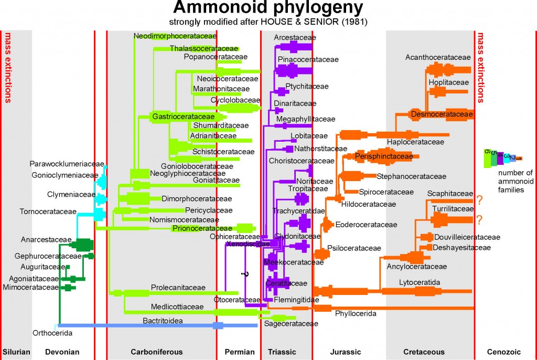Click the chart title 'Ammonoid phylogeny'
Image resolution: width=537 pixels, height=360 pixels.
(x=268, y=8)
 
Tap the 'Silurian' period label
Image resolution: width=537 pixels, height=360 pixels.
(x=16, y=352)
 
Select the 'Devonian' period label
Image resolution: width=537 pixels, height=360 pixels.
(x=62, y=352)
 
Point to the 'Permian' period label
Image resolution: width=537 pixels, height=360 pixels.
(x=239, y=352)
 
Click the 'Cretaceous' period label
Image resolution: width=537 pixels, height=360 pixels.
(x=424, y=352)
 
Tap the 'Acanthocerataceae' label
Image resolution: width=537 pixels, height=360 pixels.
(x=438, y=57)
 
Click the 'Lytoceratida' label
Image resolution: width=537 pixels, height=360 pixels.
(x=419, y=282)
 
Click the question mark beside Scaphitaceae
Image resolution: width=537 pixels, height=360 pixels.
(x=479, y=199)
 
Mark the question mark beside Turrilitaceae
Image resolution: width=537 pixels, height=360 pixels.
(x=479, y=219)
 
